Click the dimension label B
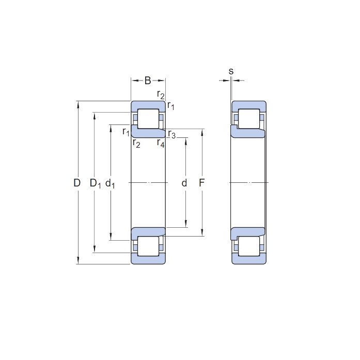[x=148, y=81]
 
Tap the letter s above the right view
[x=231, y=71]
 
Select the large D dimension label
[x=77, y=183]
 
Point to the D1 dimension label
[x=95, y=183]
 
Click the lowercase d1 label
[x=110, y=184]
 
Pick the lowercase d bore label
[x=184, y=183]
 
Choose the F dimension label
[x=201, y=183]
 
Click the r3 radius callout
[x=171, y=134]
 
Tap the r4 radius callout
[x=161, y=143]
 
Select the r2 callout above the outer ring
[x=161, y=95]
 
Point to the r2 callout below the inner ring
[x=136, y=144]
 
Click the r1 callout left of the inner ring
[x=126, y=132]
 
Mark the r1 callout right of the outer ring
[x=171, y=106]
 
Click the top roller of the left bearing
[x=148, y=119]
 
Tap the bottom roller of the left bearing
[x=148, y=246]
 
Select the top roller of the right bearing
[x=249, y=119]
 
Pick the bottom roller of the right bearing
[x=249, y=246]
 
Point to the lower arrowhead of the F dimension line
[x=202, y=232]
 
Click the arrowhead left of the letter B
[x=135, y=81]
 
